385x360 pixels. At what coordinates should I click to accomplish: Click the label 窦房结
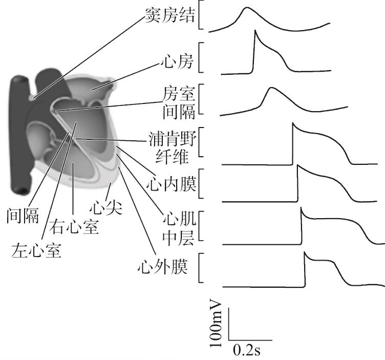[170, 15]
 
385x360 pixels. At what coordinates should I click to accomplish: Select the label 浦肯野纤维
[173, 148]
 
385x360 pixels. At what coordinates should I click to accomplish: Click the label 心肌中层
[179, 228]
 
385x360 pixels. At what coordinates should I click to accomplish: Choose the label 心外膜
[162, 266]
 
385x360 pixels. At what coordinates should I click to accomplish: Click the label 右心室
[74, 227]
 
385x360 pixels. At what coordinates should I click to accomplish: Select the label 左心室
[36, 250]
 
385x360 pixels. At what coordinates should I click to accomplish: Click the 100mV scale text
[216, 323]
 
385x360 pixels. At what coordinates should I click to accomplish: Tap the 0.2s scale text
[247, 350]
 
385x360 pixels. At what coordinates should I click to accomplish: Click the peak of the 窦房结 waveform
[247, 8]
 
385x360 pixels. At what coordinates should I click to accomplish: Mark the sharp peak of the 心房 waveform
[255, 30]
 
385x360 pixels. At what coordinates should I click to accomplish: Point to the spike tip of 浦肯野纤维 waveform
[293, 122]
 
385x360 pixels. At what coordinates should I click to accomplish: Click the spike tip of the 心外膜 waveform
[305, 252]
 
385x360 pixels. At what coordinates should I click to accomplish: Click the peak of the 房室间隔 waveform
[271, 88]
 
